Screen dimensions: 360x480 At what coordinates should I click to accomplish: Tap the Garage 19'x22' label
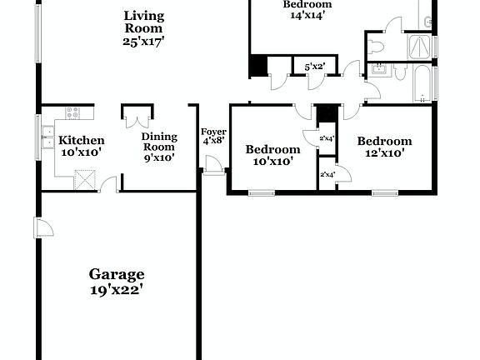pyautogui.click(x=117, y=282)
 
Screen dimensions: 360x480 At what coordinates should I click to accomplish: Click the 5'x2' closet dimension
pyautogui.click(x=313, y=65)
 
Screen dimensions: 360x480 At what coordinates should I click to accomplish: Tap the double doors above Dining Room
pyautogui.click(x=136, y=116)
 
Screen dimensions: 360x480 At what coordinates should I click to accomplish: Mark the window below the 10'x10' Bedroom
pyautogui.click(x=262, y=193)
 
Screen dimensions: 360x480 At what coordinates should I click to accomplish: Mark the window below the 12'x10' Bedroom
pyautogui.click(x=384, y=193)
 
